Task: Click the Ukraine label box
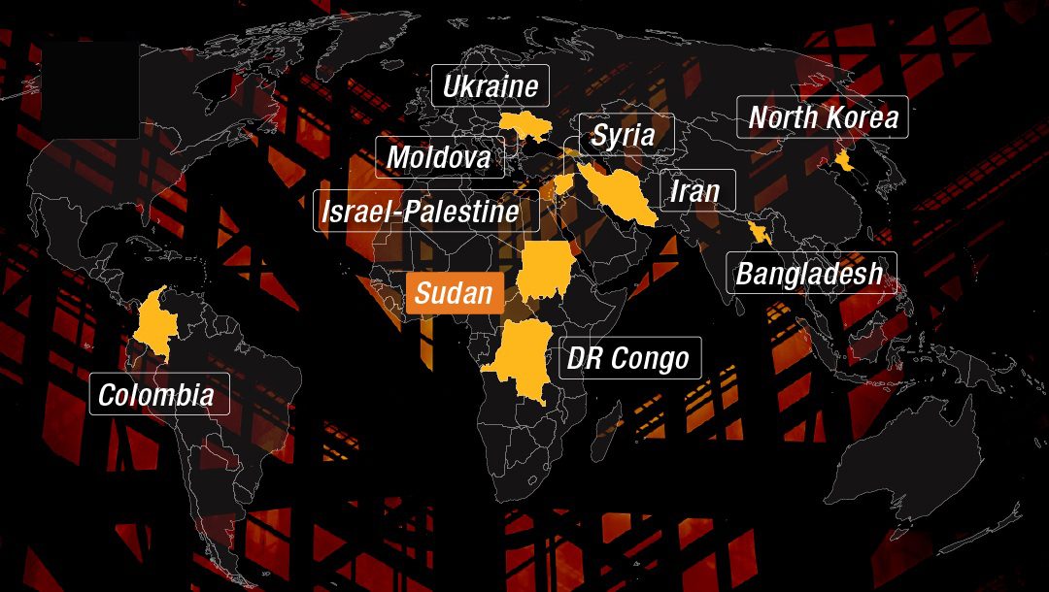tap(491, 85)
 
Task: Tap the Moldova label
tap(440, 157)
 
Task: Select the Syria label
tap(623, 135)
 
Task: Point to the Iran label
tap(695, 191)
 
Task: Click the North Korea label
tap(822, 117)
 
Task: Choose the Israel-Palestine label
tap(425, 211)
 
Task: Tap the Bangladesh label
tap(810, 273)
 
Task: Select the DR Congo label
tap(628, 358)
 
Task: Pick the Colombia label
tap(157, 394)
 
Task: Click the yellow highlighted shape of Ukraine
tap(525, 125)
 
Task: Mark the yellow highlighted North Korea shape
tap(845, 160)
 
